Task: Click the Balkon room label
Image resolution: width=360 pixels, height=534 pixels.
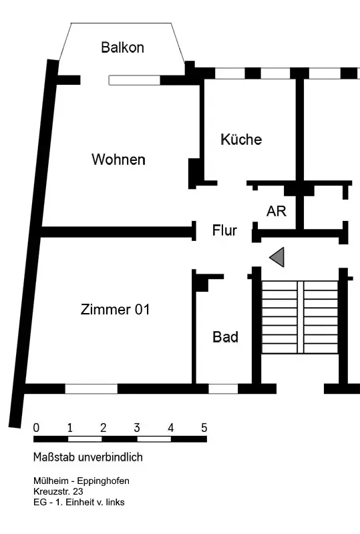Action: [122, 47]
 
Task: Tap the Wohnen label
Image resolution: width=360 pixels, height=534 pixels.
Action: [118, 160]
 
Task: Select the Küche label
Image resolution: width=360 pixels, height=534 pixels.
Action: [241, 139]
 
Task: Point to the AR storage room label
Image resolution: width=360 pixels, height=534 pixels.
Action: [276, 211]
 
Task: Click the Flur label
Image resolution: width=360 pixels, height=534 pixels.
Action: [224, 230]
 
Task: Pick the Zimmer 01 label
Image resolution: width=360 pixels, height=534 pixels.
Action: [116, 309]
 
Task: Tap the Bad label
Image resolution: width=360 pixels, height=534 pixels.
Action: [225, 337]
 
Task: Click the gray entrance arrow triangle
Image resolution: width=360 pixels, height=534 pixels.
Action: [277, 257]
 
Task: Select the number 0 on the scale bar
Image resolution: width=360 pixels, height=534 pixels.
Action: [36, 427]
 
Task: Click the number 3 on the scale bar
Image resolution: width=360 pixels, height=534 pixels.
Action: [137, 427]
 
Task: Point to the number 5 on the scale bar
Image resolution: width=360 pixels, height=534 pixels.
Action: [204, 427]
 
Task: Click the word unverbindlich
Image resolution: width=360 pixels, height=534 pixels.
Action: [110, 457]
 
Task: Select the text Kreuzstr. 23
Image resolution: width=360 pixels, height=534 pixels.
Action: [58, 491]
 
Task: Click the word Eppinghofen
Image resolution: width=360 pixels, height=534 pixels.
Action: [103, 481]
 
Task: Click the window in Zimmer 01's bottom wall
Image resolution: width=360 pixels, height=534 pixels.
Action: [92, 388]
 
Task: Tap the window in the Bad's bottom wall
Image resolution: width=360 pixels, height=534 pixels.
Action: [223, 388]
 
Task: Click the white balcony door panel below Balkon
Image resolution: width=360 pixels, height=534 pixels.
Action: [134, 80]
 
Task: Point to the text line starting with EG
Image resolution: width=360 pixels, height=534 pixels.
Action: [79, 502]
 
